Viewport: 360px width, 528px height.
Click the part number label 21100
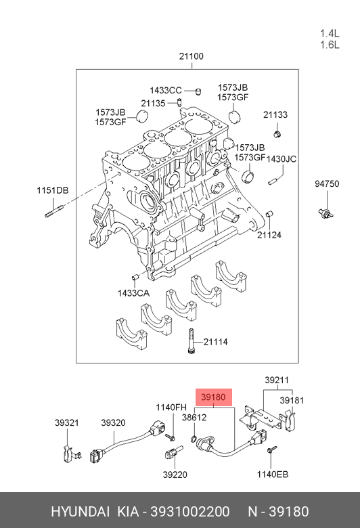(x=191, y=56)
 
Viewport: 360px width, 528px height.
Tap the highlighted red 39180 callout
(x=214, y=397)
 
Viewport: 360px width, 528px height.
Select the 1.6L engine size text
(x=330, y=45)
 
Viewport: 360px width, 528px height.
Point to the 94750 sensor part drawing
(x=325, y=213)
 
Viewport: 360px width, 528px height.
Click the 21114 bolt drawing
(x=191, y=340)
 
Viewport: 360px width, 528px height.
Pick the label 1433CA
(x=133, y=293)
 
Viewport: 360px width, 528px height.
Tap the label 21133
(x=275, y=114)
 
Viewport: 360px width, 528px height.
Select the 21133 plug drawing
(x=277, y=134)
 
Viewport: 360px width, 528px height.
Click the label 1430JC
(x=282, y=158)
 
